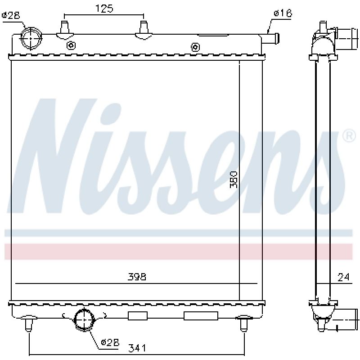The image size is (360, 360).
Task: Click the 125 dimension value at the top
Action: [x=104, y=9]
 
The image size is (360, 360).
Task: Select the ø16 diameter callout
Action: [x=283, y=13]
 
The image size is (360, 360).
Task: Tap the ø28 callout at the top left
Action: [x=11, y=15]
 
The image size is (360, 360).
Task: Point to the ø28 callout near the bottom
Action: [x=110, y=343]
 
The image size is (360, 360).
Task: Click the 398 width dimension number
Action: [x=137, y=277]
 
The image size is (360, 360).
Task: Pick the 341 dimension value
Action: [x=137, y=348]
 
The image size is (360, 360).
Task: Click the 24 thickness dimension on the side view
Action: [x=344, y=277]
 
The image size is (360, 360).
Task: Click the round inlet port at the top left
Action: [x=31, y=38]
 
